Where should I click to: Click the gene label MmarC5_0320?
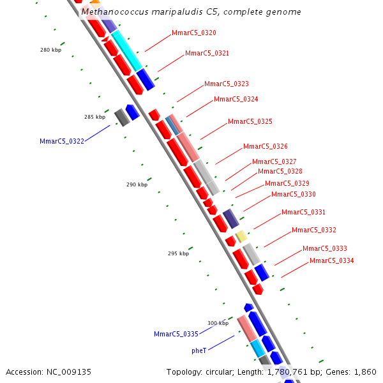tap(194, 33)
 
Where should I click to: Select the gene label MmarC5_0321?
tap(207, 54)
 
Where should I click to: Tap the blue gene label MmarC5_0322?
tap(62, 141)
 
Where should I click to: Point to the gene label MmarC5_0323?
tap(227, 84)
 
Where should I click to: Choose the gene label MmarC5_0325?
tap(250, 122)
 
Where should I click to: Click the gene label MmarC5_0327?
tap(274, 162)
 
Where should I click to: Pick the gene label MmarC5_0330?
tap(294, 195)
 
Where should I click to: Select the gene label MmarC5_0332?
tap(314, 230)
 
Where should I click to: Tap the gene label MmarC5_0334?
tap(332, 261)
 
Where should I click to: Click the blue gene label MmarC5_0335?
tap(176, 334)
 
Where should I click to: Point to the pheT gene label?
tap(199, 351)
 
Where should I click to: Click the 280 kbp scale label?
tap(50, 50)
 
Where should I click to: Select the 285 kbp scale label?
tap(94, 117)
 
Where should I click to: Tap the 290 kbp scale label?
tap(137, 185)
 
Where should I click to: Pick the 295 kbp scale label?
tap(178, 254)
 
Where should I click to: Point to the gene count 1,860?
tap(365, 372)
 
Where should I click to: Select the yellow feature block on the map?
tap(241, 236)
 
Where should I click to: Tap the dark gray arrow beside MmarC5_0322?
tap(122, 117)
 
